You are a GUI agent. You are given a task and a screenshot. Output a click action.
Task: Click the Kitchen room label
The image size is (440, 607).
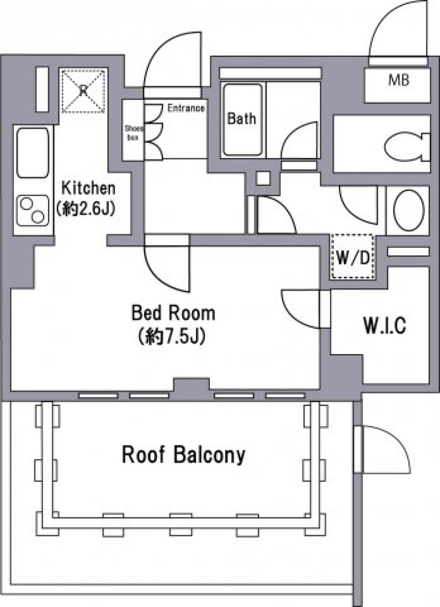click(x=88, y=188)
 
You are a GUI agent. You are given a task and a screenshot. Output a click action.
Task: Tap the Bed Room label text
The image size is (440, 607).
click(x=174, y=313)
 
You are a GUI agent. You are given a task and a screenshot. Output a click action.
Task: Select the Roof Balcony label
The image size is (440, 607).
click(x=183, y=455)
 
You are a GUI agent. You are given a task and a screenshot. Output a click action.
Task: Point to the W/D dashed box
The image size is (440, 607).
click(x=353, y=257)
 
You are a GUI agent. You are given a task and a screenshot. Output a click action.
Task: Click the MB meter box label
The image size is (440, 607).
click(x=398, y=80)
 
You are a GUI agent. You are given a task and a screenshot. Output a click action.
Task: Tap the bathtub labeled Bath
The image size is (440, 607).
click(x=242, y=119)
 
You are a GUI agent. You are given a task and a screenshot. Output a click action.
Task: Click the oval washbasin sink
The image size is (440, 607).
click(x=408, y=210)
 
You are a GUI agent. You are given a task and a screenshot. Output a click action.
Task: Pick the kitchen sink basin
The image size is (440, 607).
click(x=33, y=153)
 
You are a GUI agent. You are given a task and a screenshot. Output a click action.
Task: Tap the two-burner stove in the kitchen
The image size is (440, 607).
click(x=33, y=211)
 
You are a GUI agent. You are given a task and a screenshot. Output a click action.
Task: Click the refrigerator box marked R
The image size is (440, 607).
click(x=83, y=91)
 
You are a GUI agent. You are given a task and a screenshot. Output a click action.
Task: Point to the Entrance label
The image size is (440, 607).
click(x=186, y=108)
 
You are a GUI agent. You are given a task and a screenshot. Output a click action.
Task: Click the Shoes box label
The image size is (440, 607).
click(x=133, y=132)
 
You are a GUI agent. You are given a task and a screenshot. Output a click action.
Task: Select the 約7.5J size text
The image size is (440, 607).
click(x=171, y=337)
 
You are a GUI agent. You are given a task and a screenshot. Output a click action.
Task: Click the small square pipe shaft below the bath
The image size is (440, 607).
click(x=263, y=178)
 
